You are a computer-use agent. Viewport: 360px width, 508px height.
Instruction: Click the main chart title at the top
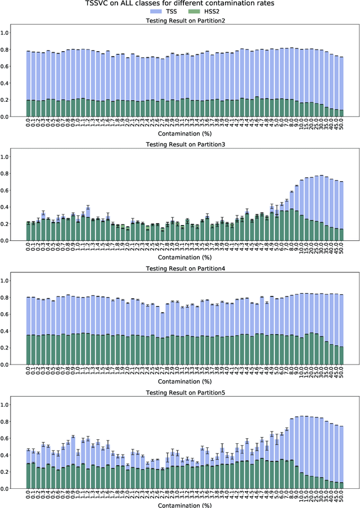[x=180, y=3]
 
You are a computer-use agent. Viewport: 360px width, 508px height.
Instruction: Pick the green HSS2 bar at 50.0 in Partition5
[x=341, y=485]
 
